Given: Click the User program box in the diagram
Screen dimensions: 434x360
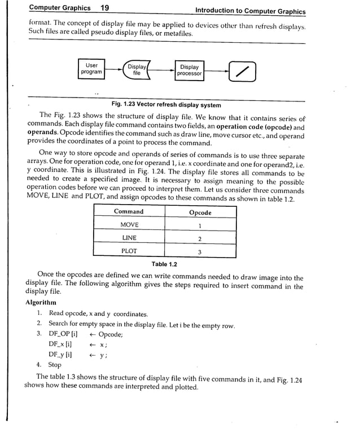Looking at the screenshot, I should point(91,69).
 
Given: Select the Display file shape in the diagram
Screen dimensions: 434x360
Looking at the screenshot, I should point(137,70).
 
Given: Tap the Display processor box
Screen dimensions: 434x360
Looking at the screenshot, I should point(189,70).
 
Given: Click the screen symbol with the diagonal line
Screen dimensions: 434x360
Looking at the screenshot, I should point(242,70).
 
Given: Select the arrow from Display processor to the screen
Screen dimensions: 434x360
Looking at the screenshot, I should point(217,70).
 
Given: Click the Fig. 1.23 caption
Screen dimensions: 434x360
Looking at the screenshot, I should point(166,105).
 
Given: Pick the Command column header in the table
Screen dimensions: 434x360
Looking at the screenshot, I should point(129,212).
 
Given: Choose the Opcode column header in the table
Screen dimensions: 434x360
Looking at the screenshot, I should point(200,212).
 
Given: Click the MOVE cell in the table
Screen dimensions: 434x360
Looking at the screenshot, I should point(129,225).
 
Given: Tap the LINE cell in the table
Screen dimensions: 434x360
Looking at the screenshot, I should point(129,238).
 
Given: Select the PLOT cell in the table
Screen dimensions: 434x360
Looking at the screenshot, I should point(129,251).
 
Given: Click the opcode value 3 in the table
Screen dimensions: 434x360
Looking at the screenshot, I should point(200,251).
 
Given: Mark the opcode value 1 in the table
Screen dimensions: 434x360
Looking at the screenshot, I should point(200,225).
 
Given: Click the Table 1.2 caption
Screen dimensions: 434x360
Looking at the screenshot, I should point(164,264).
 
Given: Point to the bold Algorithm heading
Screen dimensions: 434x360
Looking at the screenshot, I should point(41,303).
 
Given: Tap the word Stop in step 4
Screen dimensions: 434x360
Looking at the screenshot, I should point(55,365).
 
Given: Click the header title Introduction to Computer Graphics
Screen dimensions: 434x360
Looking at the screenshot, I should point(250,11).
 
